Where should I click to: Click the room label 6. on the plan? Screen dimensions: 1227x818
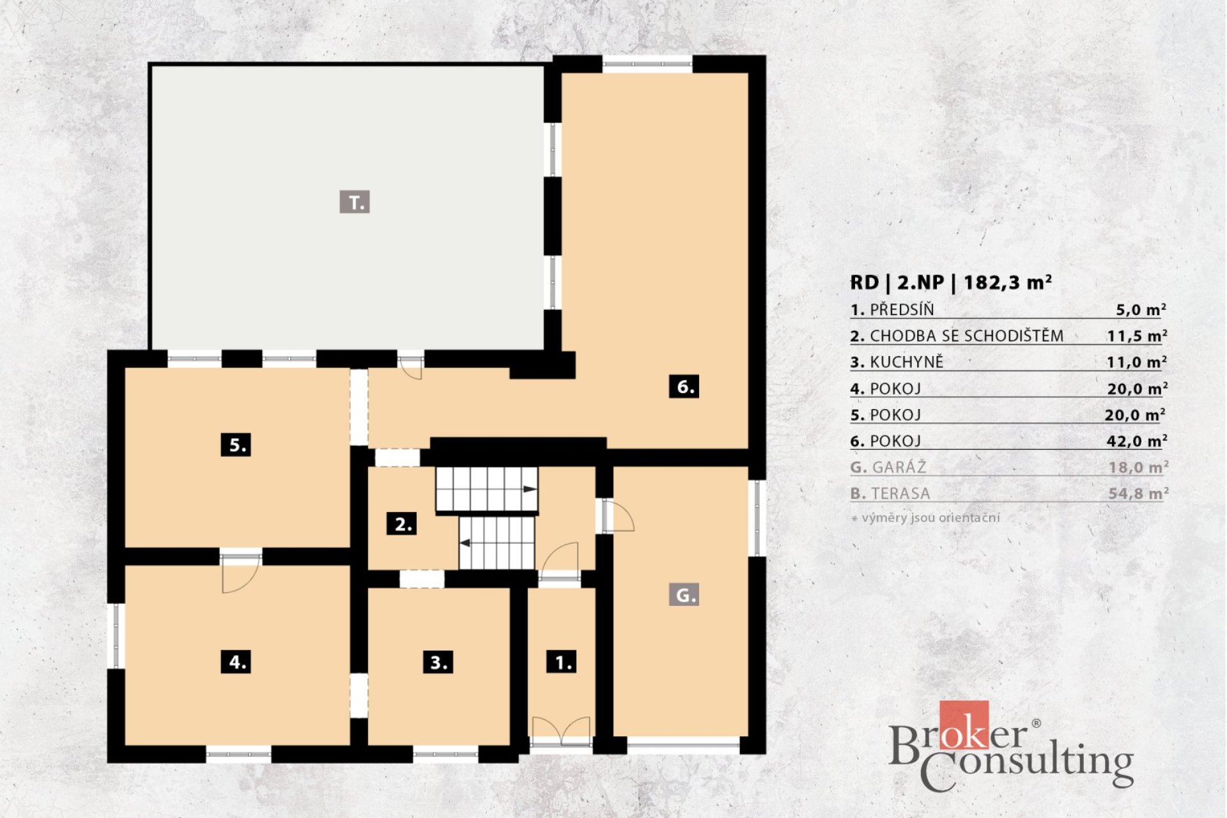tap(684, 387)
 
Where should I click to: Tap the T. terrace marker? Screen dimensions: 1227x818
tap(355, 202)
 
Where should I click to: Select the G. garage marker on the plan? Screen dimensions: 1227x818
tap(684, 595)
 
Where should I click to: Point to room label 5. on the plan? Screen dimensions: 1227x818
tap(236, 444)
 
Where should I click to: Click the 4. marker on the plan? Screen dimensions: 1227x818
tap(236, 661)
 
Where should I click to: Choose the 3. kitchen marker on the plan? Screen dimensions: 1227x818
tap(438, 662)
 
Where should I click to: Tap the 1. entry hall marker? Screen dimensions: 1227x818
tap(562, 662)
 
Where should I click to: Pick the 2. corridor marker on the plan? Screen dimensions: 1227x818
tap(402, 524)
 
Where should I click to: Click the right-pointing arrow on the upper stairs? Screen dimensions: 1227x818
tap(530, 489)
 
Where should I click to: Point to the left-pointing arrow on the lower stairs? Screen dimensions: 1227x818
tap(466, 543)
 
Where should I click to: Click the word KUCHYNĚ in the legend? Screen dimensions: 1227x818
tap(906, 362)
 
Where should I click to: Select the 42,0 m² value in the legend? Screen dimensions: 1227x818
tap(1138, 441)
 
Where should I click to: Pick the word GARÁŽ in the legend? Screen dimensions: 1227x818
tap(899, 467)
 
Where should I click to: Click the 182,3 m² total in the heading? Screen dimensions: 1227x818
tap(1008, 282)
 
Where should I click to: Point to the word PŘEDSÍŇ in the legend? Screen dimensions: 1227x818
tap(902, 309)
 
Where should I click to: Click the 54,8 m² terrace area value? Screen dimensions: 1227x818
tap(1139, 493)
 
